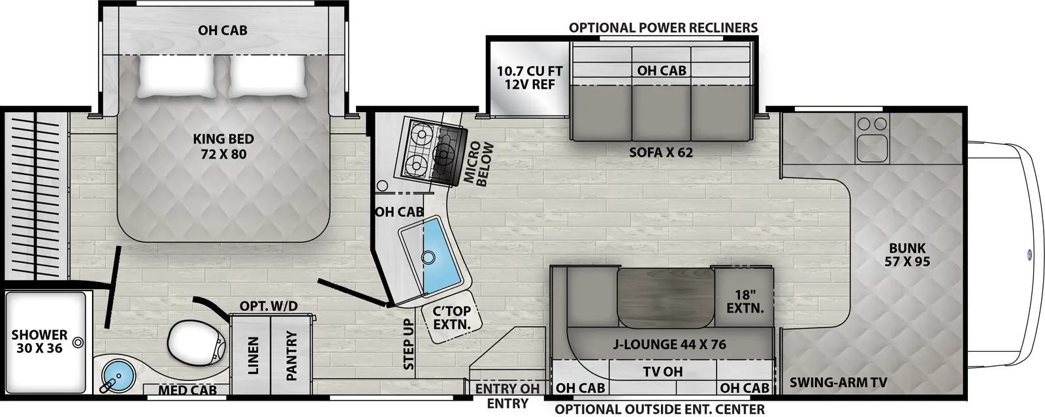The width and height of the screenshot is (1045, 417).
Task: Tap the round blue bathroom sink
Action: [118, 375]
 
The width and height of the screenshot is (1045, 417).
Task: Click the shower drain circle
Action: [78, 343]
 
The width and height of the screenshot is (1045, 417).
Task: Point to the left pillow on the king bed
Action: [176, 77]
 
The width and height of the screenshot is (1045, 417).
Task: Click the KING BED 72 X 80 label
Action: [223, 146]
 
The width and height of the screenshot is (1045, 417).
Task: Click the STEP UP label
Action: [408, 345]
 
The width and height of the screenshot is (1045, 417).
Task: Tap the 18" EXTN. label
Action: [745, 301]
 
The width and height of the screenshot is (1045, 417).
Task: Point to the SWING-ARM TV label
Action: [839, 382]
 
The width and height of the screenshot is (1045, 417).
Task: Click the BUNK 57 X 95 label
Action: [907, 255]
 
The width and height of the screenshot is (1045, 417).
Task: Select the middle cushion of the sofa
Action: [661, 112]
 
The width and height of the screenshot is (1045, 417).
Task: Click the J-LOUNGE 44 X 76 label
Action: [669, 345]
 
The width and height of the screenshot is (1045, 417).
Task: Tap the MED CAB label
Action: [187, 390]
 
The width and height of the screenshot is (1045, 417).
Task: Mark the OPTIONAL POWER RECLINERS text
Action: [663, 28]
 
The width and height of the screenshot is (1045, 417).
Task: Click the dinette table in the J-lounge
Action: [666, 298]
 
